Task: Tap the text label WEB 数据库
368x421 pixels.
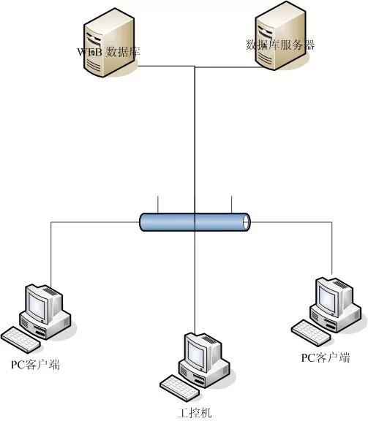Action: [x=113, y=53]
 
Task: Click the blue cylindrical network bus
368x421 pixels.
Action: [x=195, y=222]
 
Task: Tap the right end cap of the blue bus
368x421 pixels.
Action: [x=247, y=222]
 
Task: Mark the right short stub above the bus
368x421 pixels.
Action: [x=231, y=205]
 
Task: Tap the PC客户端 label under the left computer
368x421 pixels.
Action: [x=34, y=364]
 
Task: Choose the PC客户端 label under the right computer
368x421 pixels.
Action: [x=326, y=357]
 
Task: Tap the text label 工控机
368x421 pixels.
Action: [x=195, y=413]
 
